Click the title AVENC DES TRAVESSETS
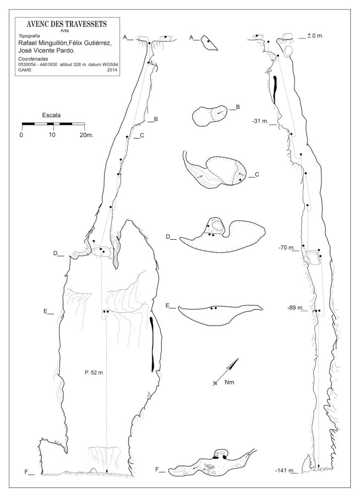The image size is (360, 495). point(67,24)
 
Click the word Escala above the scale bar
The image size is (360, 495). point(52,116)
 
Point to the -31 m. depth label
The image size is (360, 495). point(260,121)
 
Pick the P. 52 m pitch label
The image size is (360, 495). point(94,373)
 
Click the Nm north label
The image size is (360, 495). point(230,383)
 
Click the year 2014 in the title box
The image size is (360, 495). point(112,70)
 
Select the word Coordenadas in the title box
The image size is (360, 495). point(33,59)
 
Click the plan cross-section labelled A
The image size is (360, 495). point(209,43)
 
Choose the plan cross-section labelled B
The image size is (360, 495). point(210,116)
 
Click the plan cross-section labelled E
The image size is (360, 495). point(221,315)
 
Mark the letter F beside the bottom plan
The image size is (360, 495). point(157,470)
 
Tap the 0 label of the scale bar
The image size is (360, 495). point(21,135)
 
